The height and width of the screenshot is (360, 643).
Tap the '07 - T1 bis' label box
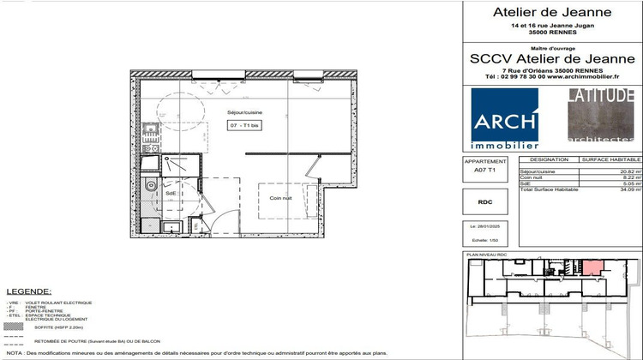point(245,126)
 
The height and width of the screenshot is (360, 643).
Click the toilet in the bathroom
point(152,185)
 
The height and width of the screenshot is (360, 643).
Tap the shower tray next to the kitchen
point(181,167)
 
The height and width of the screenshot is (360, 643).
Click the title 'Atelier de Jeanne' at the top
point(551,12)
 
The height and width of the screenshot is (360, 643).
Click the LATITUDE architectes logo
point(600,114)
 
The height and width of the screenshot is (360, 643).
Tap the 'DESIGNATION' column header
point(549,159)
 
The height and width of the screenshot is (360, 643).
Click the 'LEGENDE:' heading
point(28,292)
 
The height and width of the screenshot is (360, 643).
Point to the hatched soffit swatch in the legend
point(14,327)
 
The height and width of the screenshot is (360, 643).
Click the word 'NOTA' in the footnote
point(15,353)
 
